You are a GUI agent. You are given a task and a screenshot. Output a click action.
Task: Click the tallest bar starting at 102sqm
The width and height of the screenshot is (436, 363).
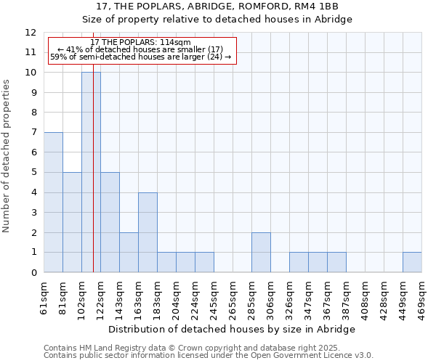(91, 172)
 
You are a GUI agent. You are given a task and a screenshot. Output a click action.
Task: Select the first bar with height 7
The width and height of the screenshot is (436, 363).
(53, 203)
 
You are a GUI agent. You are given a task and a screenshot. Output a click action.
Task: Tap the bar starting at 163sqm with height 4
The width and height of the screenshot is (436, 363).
(148, 232)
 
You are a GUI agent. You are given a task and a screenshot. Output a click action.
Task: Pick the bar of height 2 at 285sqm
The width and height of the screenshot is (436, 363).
(261, 253)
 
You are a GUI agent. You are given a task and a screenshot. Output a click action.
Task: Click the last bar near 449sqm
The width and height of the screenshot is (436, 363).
(412, 262)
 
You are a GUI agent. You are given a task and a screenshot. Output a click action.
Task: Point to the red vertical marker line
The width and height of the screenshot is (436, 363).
(94, 181)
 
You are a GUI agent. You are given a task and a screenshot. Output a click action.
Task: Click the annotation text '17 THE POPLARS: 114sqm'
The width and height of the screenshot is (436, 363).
(142, 43)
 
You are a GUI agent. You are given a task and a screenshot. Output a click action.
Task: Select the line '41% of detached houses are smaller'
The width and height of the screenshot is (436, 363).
(142, 49)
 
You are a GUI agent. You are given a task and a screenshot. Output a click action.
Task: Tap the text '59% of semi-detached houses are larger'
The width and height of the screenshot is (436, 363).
(140, 57)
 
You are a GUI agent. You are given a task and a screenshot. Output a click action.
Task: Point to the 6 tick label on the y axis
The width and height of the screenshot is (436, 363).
(33, 152)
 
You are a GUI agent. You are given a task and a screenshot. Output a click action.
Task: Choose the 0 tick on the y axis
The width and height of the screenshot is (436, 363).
(33, 273)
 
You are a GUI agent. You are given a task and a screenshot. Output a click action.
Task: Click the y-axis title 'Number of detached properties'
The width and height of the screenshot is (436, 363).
(7, 156)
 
